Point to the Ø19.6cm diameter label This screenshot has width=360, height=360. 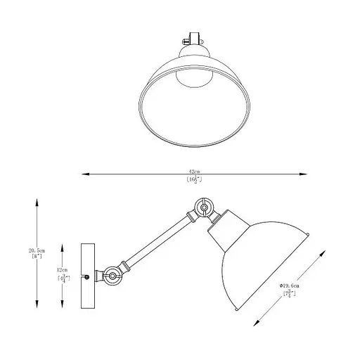[290, 286]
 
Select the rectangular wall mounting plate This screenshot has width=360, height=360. [86, 276]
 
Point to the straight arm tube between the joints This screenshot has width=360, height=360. [158, 239]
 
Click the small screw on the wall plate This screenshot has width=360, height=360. [86, 277]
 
